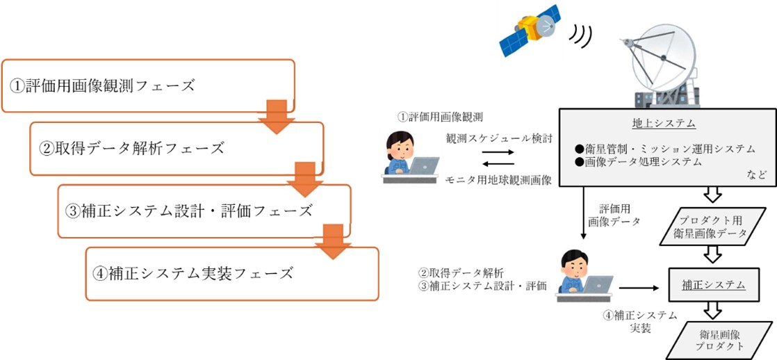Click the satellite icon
530,31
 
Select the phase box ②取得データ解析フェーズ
177,148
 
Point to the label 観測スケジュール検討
499,138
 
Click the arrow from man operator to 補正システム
639,285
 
